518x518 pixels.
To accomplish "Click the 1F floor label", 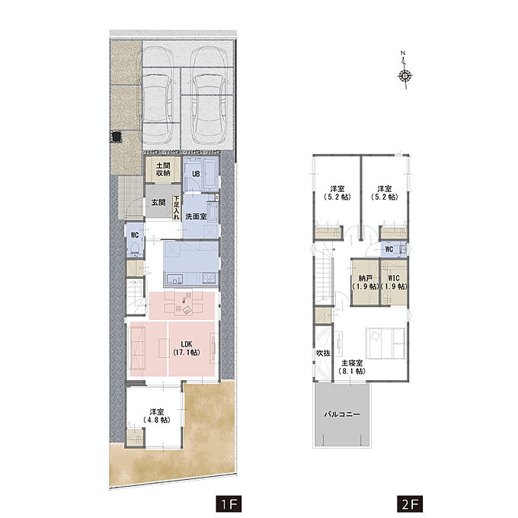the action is (229, 504).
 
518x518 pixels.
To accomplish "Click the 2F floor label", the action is (410, 504).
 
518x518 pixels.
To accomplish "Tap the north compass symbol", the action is (404, 70).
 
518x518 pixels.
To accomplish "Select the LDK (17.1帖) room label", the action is (187, 349).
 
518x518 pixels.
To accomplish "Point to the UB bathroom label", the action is (196, 174).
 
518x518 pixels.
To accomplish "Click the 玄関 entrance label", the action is (158, 203).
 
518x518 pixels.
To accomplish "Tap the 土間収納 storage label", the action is (163, 169).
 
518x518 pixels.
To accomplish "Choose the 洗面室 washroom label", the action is (196, 216).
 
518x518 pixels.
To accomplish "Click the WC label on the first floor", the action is (135, 235).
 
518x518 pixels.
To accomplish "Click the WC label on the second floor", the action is (389, 249).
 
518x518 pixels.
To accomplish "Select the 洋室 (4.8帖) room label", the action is (157, 416).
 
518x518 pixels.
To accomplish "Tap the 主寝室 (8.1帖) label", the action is (352, 367).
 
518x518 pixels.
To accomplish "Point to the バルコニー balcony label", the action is (341, 414).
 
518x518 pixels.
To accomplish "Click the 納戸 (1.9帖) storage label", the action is (365, 283).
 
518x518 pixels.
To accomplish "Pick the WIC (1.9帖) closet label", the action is (394, 283).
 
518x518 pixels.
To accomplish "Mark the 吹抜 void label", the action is (323, 353).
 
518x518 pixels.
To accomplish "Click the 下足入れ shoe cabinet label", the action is (177, 208).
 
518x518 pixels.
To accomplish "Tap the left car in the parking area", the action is (158, 95).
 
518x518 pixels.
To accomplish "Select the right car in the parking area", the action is (209, 95).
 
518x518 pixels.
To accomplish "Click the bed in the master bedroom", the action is (385, 344).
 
